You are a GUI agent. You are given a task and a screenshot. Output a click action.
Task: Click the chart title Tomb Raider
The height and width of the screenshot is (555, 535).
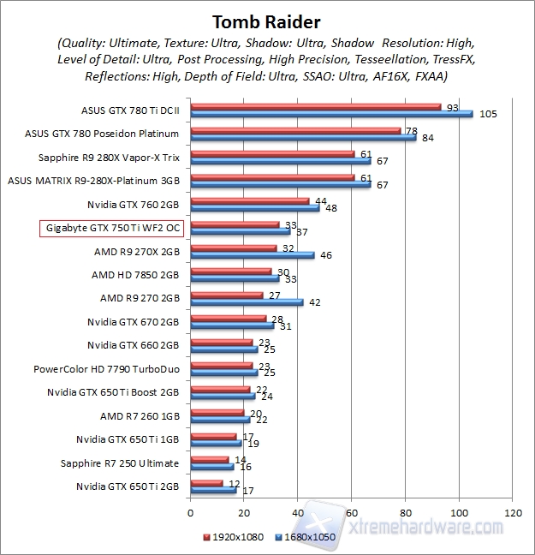tap(266, 19)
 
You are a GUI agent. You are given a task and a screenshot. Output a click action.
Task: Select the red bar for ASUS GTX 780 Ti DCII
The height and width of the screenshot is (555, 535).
tap(315, 107)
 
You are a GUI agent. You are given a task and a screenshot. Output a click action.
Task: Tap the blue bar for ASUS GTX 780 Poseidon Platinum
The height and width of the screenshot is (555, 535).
tap(303, 137)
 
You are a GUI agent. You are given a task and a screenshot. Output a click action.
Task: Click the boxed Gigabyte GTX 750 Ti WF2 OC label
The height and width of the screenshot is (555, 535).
tap(110, 229)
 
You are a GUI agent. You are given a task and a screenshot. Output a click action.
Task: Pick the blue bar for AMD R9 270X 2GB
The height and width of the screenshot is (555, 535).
tap(252, 254)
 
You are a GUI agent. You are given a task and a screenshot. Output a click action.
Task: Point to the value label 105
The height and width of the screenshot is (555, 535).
tap(488, 114)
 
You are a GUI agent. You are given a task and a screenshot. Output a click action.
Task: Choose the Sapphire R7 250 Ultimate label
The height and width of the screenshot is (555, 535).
tap(119, 463)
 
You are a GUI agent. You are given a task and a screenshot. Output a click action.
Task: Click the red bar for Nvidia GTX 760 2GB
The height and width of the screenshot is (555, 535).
tap(249, 200)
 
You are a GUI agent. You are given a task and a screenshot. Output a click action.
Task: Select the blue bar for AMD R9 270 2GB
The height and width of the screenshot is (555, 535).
tap(247, 301)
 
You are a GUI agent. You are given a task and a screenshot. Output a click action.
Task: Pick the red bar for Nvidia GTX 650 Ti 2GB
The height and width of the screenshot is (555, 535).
tap(205, 483)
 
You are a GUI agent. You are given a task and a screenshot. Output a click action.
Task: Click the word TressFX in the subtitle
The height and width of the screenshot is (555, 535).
tap(449, 59)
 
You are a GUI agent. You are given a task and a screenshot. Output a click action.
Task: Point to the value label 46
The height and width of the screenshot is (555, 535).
tap(325, 255)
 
